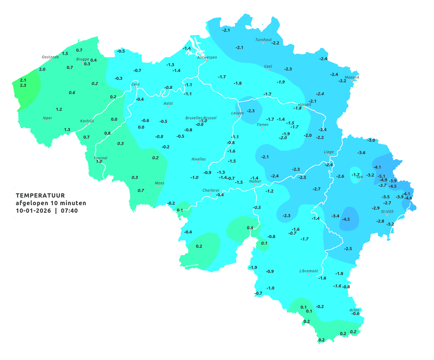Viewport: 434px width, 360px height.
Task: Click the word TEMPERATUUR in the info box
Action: coord(40,195)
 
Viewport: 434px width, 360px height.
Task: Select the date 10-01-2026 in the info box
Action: coord(33,211)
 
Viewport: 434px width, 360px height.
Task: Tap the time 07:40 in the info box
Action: coord(69,211)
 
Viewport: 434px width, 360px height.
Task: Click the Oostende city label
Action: coord(50,57)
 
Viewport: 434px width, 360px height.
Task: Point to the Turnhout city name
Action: coord(263,40)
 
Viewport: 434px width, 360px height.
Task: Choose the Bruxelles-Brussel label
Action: coord(201,118)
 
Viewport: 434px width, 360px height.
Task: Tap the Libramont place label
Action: coord(308,271)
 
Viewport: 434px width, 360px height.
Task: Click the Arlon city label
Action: coord(354,310)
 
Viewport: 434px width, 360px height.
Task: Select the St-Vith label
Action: coord(387,212)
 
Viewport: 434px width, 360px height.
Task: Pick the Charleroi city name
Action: coord(210,190)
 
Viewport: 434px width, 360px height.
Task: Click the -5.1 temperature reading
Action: coord(381,176)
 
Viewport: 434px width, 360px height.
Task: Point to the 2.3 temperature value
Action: coord(23,85)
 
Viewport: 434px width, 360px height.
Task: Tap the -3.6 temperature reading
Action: coord(361,153)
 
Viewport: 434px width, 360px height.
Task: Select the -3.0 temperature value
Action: coord(371,140)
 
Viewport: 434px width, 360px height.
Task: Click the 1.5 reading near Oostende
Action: coord(65,54)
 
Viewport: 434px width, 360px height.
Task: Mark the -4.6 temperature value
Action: coord(408,198)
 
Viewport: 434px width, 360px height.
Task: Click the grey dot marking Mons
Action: coord(159,186)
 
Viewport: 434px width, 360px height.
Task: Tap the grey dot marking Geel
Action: coord(267,70)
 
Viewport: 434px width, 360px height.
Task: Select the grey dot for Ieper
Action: coord(47,121)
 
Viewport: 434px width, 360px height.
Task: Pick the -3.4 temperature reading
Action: coord(335,216)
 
